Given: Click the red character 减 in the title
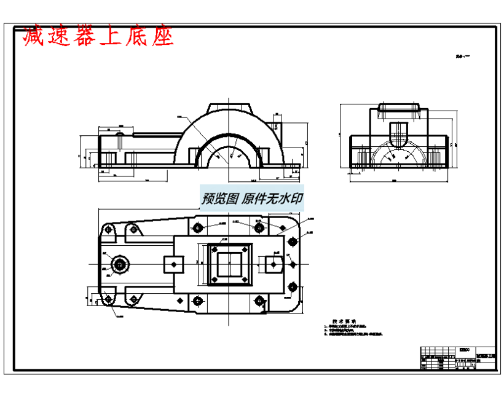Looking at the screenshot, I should (34, 37).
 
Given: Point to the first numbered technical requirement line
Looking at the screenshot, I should (347, 327).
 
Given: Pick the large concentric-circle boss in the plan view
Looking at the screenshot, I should (119, 265).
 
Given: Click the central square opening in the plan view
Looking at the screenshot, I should (230, 265).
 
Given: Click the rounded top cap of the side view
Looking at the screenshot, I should (399, 108).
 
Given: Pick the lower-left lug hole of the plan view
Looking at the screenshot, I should (110, 299).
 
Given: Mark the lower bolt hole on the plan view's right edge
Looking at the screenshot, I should (292, 286).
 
